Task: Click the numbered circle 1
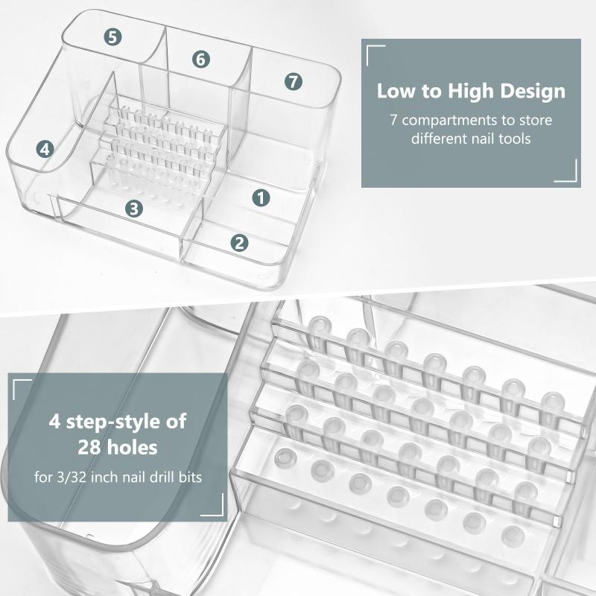coord(261,198)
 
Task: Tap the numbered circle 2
coord(239,243)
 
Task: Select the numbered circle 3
coord(134,209)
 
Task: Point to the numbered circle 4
coord(45,149)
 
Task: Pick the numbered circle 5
coord(113,37)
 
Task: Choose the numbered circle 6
coord(201,60)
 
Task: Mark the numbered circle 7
coord(294,81)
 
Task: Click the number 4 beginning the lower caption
coord(54,422)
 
